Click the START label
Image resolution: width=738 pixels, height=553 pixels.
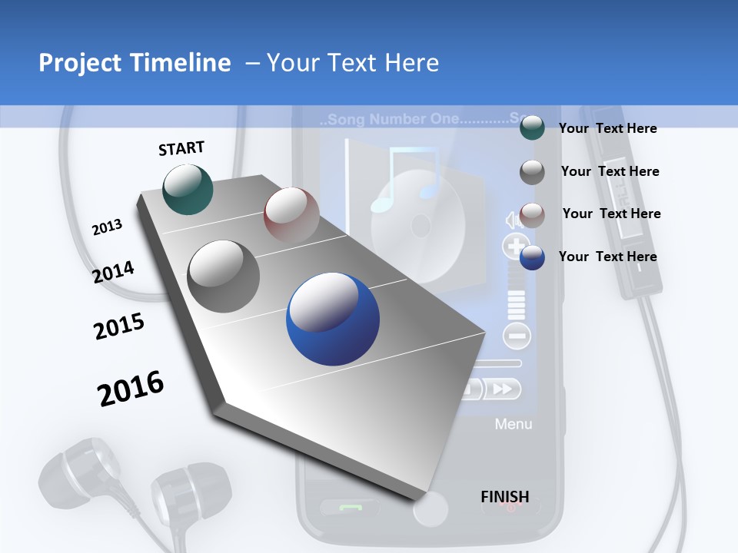pyautogui.click(x=181, y=148)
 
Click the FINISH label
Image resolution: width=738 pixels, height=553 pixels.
pyautogui.click(x=504, y=497)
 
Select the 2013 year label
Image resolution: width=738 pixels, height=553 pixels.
pyautogui.click(x=107, y=227)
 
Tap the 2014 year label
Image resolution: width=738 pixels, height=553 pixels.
pyautogui.click(x=113, y=272)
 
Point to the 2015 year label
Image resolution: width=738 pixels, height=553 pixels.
pyautogui.click(x=119, y=326)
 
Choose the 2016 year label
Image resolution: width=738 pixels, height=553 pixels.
pyautogui.click(x=131, y=389)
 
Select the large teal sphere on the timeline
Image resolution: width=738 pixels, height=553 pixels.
pyautogui.click(x=188, y=189)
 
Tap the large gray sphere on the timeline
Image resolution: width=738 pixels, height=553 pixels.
pyautogui.click(x=224, y=276)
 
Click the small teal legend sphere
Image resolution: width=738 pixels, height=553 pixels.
pyautogui.click(x=532, y=128)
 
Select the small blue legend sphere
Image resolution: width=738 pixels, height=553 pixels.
pyautogui.click(x=532, y=257)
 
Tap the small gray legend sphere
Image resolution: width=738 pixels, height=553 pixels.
pyautogui.click(x=532, y=172)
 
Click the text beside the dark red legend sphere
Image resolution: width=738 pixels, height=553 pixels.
pyautogui.click(x=611, y=214)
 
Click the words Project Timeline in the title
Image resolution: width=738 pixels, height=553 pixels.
pyautogui.click(x=135, y=63)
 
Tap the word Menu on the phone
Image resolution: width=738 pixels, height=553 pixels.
pyautogui.click(x=513, y=424)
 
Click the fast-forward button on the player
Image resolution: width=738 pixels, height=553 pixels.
pyautogui.click(x=502, y=389)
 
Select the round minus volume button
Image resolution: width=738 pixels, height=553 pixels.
pyautogui.click(x=517, y=336)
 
